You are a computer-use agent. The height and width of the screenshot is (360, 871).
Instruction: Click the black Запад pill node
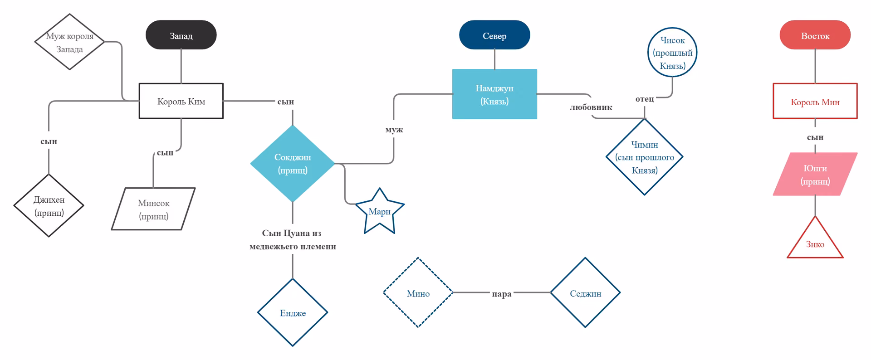(181, 35)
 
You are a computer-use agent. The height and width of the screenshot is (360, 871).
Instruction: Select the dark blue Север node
(494, 35)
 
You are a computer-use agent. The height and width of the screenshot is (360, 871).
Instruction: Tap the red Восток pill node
(815, 35)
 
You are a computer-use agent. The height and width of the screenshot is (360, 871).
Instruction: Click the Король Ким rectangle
(181, 101)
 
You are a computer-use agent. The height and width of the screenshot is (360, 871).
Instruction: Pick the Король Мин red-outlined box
(815, 101)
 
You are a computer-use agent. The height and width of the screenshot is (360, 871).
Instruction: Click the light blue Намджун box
(494, 94)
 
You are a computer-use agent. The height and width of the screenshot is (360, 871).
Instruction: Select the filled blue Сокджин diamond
(293, 163)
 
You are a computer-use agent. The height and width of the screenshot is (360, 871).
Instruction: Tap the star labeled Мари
(380, 212)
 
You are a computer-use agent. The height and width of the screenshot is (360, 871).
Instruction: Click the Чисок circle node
(672, 52)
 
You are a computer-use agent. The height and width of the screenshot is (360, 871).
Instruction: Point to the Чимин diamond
(645, 157)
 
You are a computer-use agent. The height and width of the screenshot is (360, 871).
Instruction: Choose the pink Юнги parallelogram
(815, 174)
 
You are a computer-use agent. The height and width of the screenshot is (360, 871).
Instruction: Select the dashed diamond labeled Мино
(418, 292)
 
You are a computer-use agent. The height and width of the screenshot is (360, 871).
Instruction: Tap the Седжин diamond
(585, 292)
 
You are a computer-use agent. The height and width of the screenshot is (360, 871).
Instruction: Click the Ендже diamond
(293, 312)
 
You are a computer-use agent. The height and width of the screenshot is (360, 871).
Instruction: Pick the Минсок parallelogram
(153, 209)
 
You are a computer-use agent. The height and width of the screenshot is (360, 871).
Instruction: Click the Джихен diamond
(49, 205)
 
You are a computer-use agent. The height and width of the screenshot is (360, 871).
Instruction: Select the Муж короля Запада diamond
(69, 42)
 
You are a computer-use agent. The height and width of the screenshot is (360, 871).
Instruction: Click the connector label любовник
(591, 107)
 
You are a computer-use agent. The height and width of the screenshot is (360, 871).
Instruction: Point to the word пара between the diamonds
(502, 294)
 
